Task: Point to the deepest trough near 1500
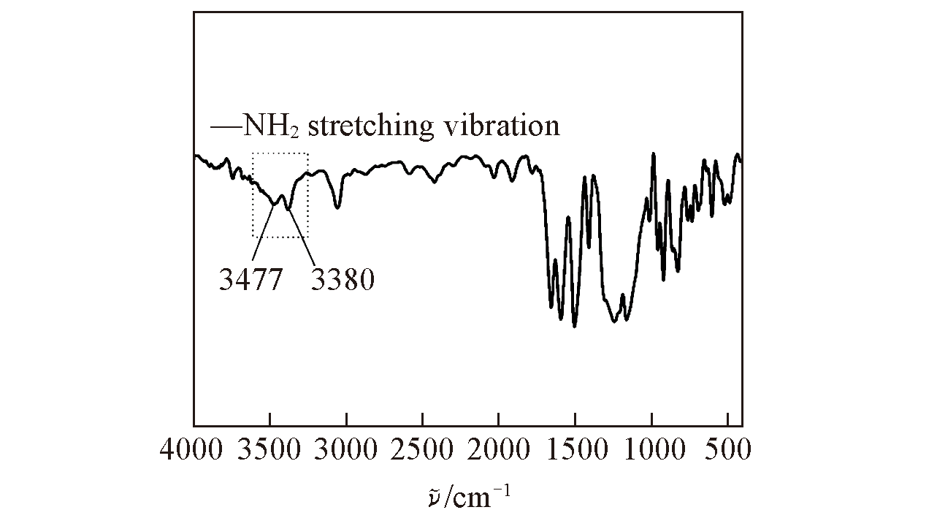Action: tap(575, 326)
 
